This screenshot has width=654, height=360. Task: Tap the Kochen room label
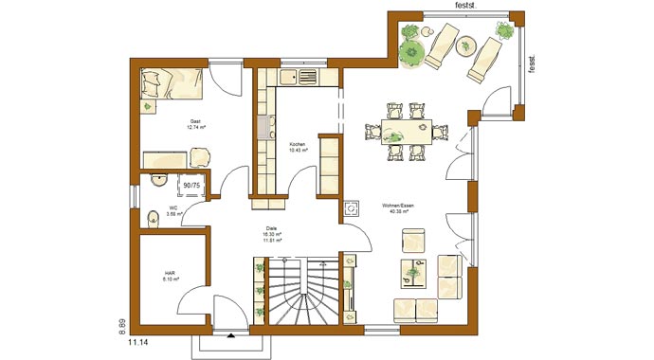pos(298,148)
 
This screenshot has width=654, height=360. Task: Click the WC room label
pos(173,210)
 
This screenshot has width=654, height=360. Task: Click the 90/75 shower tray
pos(190,185)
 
